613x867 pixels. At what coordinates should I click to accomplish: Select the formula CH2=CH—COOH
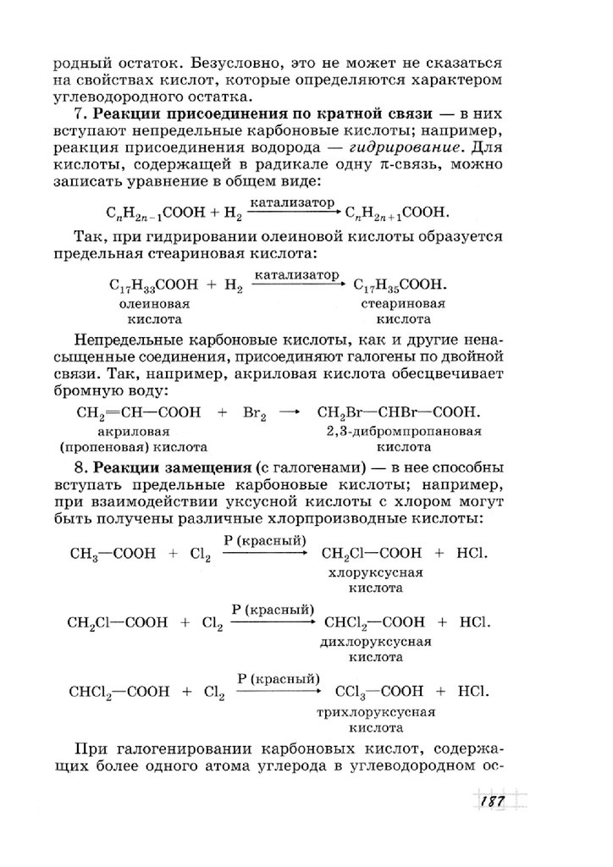[x=138, y=412]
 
